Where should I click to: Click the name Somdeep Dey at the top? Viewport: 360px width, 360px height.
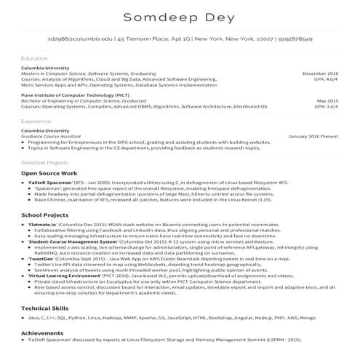tap(180, 17)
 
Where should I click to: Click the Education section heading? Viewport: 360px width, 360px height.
tap(34, 57)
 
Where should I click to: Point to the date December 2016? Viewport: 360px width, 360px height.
tap(320, 73)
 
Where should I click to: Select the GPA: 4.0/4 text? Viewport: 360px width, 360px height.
tap(325, 79)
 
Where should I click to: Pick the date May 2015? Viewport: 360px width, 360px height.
tap(327, 100)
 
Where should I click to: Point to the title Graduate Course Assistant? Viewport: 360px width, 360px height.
tap(54, 136)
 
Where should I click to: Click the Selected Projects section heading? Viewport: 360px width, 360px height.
tap(44, 162)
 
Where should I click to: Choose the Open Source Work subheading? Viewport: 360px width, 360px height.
tap(49, 175)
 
